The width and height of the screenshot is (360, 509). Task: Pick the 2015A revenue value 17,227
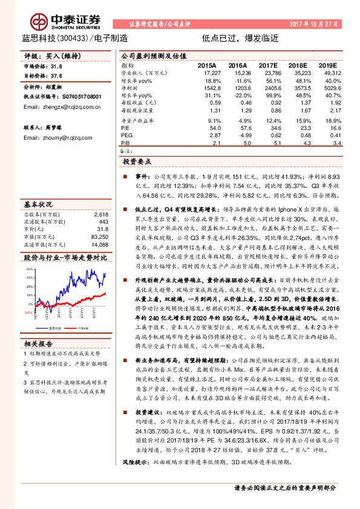pyautogui.click(x=207, y=72)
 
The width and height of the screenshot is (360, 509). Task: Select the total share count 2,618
pyautogui.click(x=101, y=214)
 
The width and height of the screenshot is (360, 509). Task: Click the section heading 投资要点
pyautogui.click(x=139, y=163)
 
